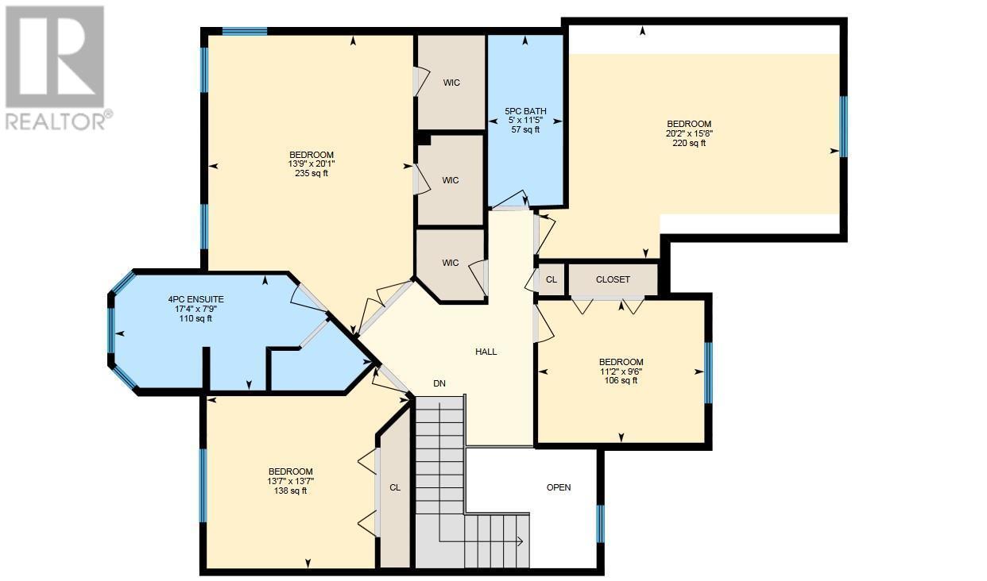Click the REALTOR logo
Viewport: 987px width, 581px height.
55,67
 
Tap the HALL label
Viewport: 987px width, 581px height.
486,352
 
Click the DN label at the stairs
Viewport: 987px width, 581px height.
439,383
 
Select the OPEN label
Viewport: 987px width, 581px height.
559,487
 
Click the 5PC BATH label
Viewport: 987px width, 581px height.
525,111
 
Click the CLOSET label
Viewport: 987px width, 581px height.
613,279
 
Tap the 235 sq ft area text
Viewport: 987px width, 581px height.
312,173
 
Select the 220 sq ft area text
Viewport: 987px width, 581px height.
688,143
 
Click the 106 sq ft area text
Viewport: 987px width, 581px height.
621,380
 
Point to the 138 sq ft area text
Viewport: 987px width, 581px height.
290,491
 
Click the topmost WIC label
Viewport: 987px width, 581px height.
451,83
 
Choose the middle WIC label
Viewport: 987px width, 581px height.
451,180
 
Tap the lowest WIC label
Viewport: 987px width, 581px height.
451,264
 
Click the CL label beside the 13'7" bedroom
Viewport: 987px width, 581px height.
395,488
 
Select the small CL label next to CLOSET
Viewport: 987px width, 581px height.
552,279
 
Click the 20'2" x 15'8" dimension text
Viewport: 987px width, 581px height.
688,133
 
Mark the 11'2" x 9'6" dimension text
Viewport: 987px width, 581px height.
621,371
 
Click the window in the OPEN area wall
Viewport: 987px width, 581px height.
601,523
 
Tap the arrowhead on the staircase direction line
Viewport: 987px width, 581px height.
519,542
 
